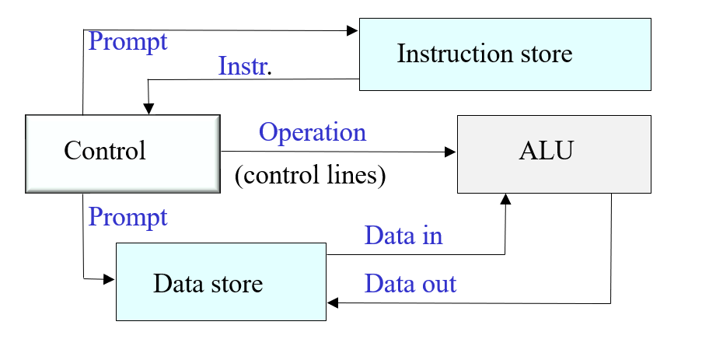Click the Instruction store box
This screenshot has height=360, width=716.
tap(504, 54)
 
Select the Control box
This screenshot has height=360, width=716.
tap(122, 152)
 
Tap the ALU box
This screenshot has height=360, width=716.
tap(554, 154)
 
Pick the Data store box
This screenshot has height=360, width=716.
tap(221, 281)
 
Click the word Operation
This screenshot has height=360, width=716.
tap(313, 133)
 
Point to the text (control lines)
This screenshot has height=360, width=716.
tap(310, 176)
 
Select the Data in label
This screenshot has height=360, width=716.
tap(403, 236)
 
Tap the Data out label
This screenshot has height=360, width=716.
tap(410, 284)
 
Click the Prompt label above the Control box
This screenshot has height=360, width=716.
tap(128, 40)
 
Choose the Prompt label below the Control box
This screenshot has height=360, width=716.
tap(128, 217)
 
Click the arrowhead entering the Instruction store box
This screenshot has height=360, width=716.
tap(353, 30)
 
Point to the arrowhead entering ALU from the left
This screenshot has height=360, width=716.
tap(451, 152)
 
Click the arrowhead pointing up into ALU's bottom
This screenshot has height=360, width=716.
tap(506, 199)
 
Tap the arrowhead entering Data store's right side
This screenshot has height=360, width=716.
tap(332, 303)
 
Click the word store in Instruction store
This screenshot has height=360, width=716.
tap(542, 54)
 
